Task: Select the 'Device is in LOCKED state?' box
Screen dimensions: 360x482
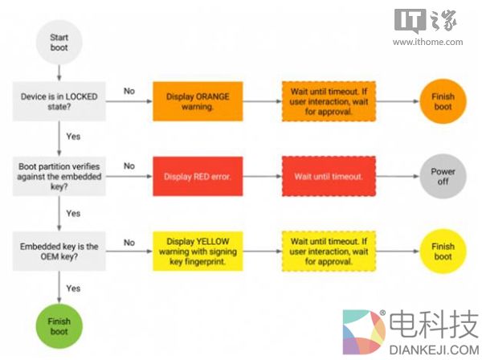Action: pos(59,102)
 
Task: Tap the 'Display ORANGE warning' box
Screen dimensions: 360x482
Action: pos(198,102)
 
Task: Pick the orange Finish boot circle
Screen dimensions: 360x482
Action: pos(443,102)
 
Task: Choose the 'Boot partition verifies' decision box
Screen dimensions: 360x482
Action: pos(59,177)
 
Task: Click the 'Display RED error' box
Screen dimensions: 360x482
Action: pos(198,177)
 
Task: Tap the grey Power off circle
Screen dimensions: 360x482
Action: pos(443,177)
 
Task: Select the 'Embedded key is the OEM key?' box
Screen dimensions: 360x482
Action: pos(59,251)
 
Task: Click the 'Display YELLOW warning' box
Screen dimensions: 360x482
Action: pos(198,251)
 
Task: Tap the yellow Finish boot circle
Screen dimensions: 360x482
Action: pos(443,251)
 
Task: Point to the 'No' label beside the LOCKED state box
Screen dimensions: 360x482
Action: pos(129,91)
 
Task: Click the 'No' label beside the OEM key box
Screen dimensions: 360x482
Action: pos(129,240)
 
